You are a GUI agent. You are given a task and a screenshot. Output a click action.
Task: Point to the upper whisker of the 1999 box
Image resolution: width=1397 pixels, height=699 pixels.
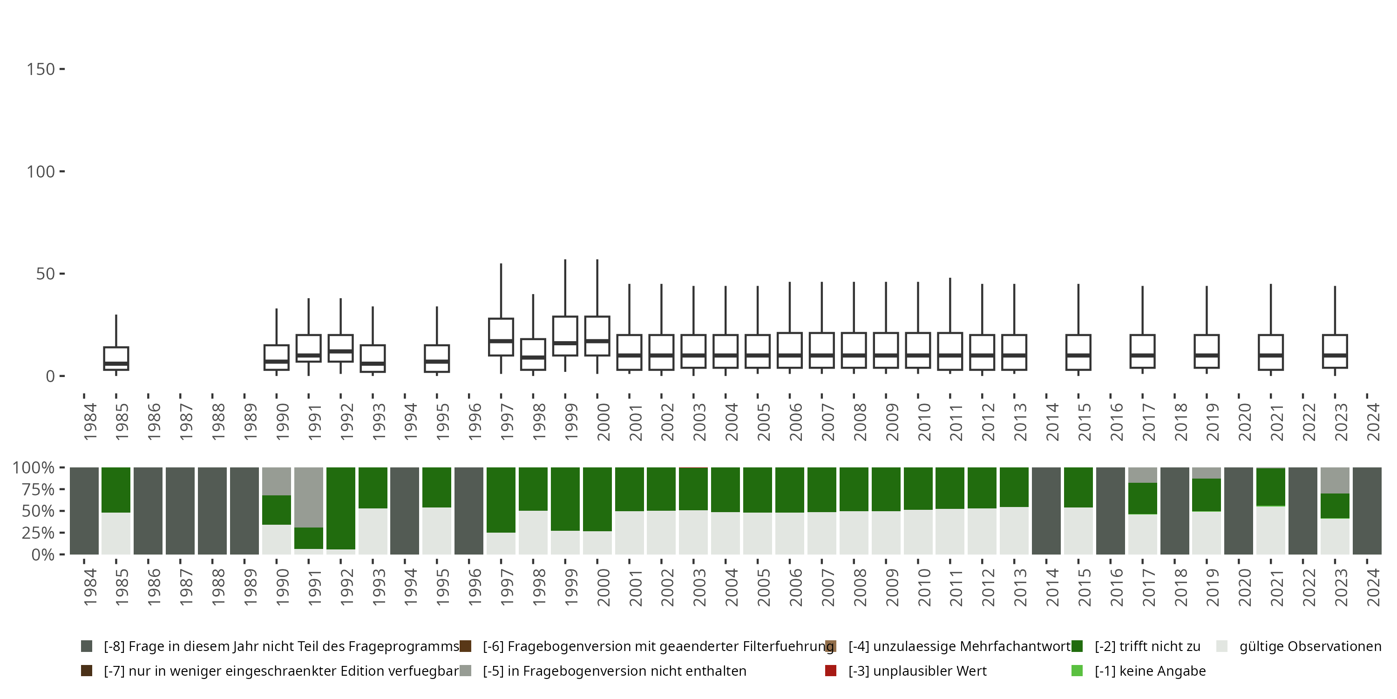[565, 288]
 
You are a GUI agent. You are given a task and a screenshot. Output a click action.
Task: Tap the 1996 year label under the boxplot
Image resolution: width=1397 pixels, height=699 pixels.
[475, 422]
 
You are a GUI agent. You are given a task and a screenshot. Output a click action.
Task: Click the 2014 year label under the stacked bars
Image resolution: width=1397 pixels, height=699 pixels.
[1052, 587]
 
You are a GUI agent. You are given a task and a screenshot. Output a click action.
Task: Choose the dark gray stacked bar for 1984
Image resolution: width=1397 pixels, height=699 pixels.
[84, 511]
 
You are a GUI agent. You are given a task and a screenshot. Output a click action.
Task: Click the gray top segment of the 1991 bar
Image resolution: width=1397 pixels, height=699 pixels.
[309, 497]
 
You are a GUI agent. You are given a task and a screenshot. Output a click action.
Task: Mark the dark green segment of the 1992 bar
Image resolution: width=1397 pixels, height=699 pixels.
[340, 508]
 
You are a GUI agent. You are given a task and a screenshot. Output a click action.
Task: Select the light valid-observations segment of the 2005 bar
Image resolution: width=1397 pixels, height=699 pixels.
[758, 534]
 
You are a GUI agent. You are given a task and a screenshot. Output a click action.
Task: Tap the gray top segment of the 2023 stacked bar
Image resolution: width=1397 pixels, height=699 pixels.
[1335, 480]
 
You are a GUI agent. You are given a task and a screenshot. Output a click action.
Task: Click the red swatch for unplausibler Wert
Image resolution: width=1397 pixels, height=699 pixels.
[830, 671]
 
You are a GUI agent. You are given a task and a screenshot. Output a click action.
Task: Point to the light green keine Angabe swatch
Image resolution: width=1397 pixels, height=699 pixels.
[1077, 671]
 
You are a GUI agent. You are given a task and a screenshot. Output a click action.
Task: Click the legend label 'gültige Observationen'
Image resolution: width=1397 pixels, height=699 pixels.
[1309, 646]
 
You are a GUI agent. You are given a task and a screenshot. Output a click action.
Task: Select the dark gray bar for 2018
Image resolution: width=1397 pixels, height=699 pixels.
[1175, 511]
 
